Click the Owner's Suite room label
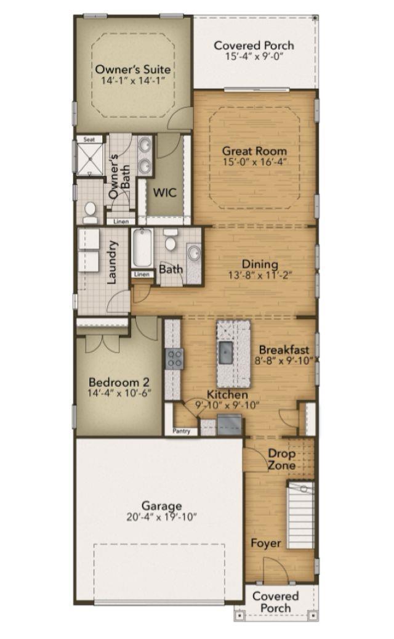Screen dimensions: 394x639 (133, 69)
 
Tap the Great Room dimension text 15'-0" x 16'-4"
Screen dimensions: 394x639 (255, 162)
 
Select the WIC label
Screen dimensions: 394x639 (165, 192)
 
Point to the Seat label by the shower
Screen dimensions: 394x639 (89, 139)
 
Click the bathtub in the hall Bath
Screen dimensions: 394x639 (142, 248)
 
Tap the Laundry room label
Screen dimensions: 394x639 (111, 262)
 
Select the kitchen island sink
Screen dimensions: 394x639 (225, 352)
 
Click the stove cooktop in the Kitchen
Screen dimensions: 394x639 (174, 359)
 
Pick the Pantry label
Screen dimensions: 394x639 (181, 431)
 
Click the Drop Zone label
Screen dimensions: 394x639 (282, 459)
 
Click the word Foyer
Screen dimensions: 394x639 (266, 543)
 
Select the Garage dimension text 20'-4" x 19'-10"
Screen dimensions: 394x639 (161, 517)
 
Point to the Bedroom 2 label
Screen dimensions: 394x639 (119, 382)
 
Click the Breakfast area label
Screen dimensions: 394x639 (284, 349)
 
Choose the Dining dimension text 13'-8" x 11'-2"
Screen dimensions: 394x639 (260, 275)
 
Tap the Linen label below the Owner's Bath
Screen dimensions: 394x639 (121, 222)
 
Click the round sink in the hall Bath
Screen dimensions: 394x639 (194, 253)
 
